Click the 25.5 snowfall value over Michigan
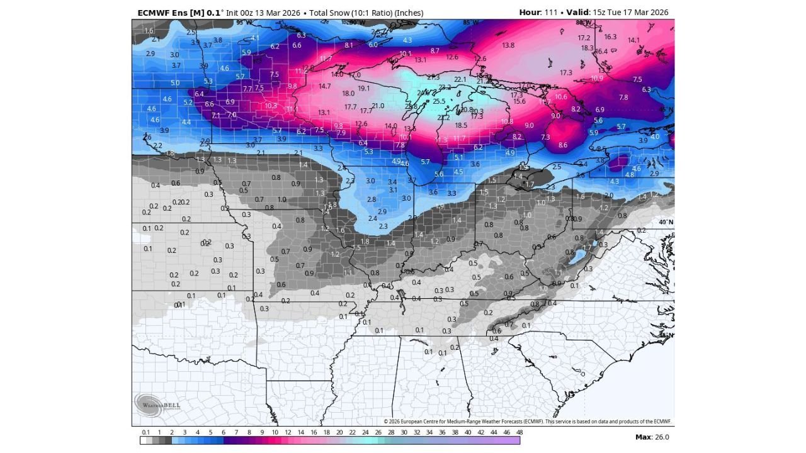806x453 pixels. tap(439, 101)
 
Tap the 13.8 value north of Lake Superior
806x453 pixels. tap(508, 45)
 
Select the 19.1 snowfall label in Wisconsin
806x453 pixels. tap(363, 89)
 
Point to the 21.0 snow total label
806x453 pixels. tap(378, 106)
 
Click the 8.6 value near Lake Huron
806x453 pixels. tap(562, 145)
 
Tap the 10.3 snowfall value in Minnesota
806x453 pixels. tap(271, 106)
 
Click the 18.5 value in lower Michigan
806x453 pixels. tap(461, 125)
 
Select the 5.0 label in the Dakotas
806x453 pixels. tap(174, 83)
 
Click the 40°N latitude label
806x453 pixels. tap(666, 222)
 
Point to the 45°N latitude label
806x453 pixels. tap(666, 111)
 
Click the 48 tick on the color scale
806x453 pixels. tap(519, 433)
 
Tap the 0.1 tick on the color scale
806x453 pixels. tap(146, 433)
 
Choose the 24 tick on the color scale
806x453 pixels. tap(365, 433)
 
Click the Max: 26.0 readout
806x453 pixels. tap(652, 437)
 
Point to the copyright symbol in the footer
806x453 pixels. tap(386, 422)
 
